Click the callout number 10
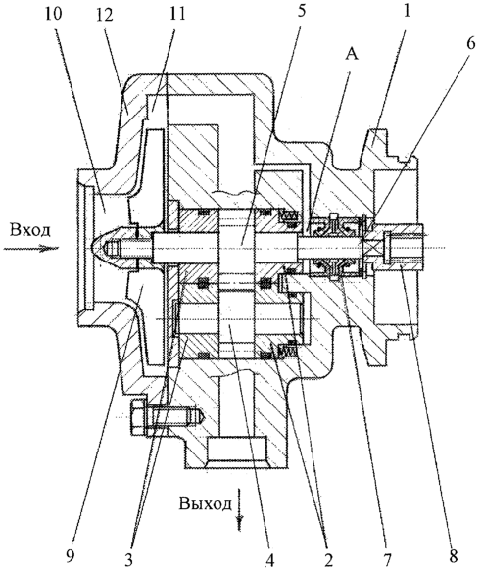pyautogui.click(x=54, y=15)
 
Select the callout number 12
pyautogui.click(x=106, y=17)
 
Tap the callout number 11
pyautogui.click(x=176, y=14)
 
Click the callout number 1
pyautogui.click(x=407, y=11)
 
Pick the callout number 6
pyautogui.click(x=470, y=43)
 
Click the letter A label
pyautogui.click(x=352, y=55)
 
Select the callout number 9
pyautogui.click(x=72, y=555)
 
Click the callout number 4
pyautogui.click(x=270, y=562)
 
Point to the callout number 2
pyautogui.click(x=327, y=560)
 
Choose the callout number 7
pyautogui.click(x=387, y=558)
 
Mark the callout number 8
pyautogui.click(x=454, y=555)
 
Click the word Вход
pyautogui.click(x=29, y=230)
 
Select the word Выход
pyautogui.click(x=206, y=504)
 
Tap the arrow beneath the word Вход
pyautogui.click(x=31, y=249)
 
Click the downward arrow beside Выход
pyautogui.click(x=240, y=508)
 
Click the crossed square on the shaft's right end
pyautogui.click(x=373, y=249)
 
